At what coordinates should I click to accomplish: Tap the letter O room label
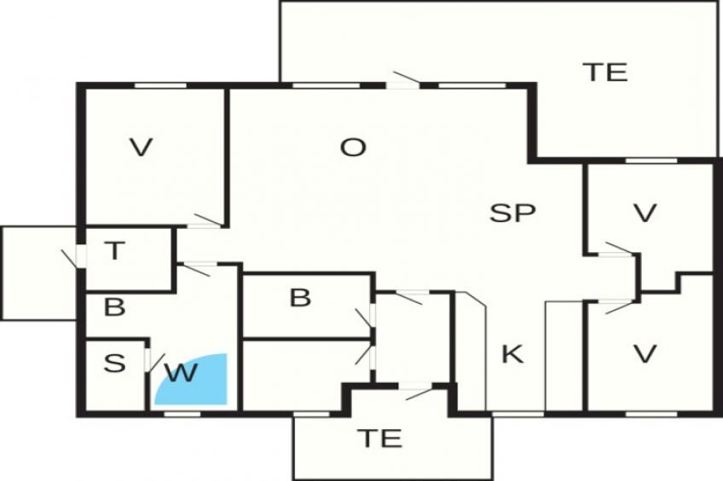point(353,148)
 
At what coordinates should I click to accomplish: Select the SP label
point(512,213)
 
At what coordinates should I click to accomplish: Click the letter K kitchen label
point(512,354)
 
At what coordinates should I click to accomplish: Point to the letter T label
point(115,251)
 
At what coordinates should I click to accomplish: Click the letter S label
point(114,364)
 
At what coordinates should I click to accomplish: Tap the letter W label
point(182,373)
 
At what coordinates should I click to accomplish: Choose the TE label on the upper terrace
point(605,72)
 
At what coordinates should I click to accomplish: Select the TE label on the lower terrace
point(379,438)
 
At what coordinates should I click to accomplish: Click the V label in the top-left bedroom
point(141,148)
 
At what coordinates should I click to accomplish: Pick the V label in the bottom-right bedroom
point(645,354)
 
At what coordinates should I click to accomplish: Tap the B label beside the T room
point(114,307)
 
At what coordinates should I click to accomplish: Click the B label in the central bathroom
point(300,298)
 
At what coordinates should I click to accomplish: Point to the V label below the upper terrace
point(645,213)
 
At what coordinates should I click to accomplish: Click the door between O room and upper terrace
point(403,81)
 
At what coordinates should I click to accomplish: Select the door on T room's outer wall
point(75,257)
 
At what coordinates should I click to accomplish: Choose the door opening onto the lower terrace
point(416,391)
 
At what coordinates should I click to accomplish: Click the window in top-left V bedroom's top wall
point(160,85)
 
